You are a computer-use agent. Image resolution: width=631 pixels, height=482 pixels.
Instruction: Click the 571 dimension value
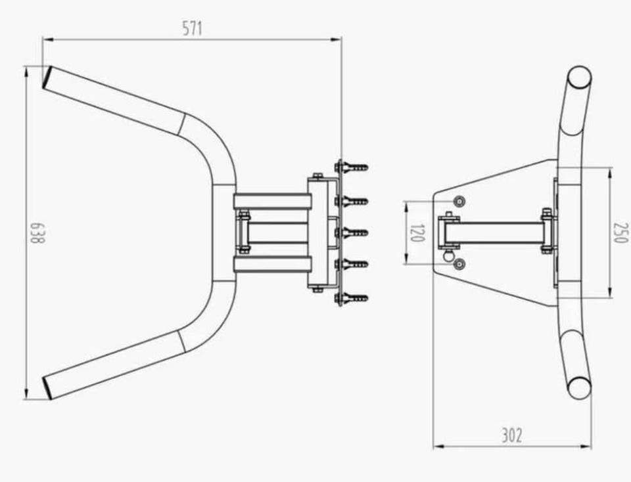coord(193,28)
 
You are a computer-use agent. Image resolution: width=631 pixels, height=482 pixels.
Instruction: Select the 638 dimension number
coord(37,232)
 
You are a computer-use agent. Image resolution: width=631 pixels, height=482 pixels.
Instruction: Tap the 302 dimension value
coord(511,435)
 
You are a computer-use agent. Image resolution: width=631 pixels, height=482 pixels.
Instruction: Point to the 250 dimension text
coord(620,232)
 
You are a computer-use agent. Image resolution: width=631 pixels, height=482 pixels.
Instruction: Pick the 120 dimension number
coord(417,233)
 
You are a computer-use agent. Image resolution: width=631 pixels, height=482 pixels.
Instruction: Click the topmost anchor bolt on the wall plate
coord(351,167)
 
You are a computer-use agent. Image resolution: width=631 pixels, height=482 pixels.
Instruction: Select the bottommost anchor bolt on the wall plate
coord(351,298)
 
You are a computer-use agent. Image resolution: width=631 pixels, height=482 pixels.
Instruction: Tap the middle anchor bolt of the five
coord(351,232)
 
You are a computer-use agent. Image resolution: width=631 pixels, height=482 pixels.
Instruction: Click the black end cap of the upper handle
coord(47,77)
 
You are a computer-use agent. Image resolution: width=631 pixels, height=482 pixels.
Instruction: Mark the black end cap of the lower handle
coord(47,387)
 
